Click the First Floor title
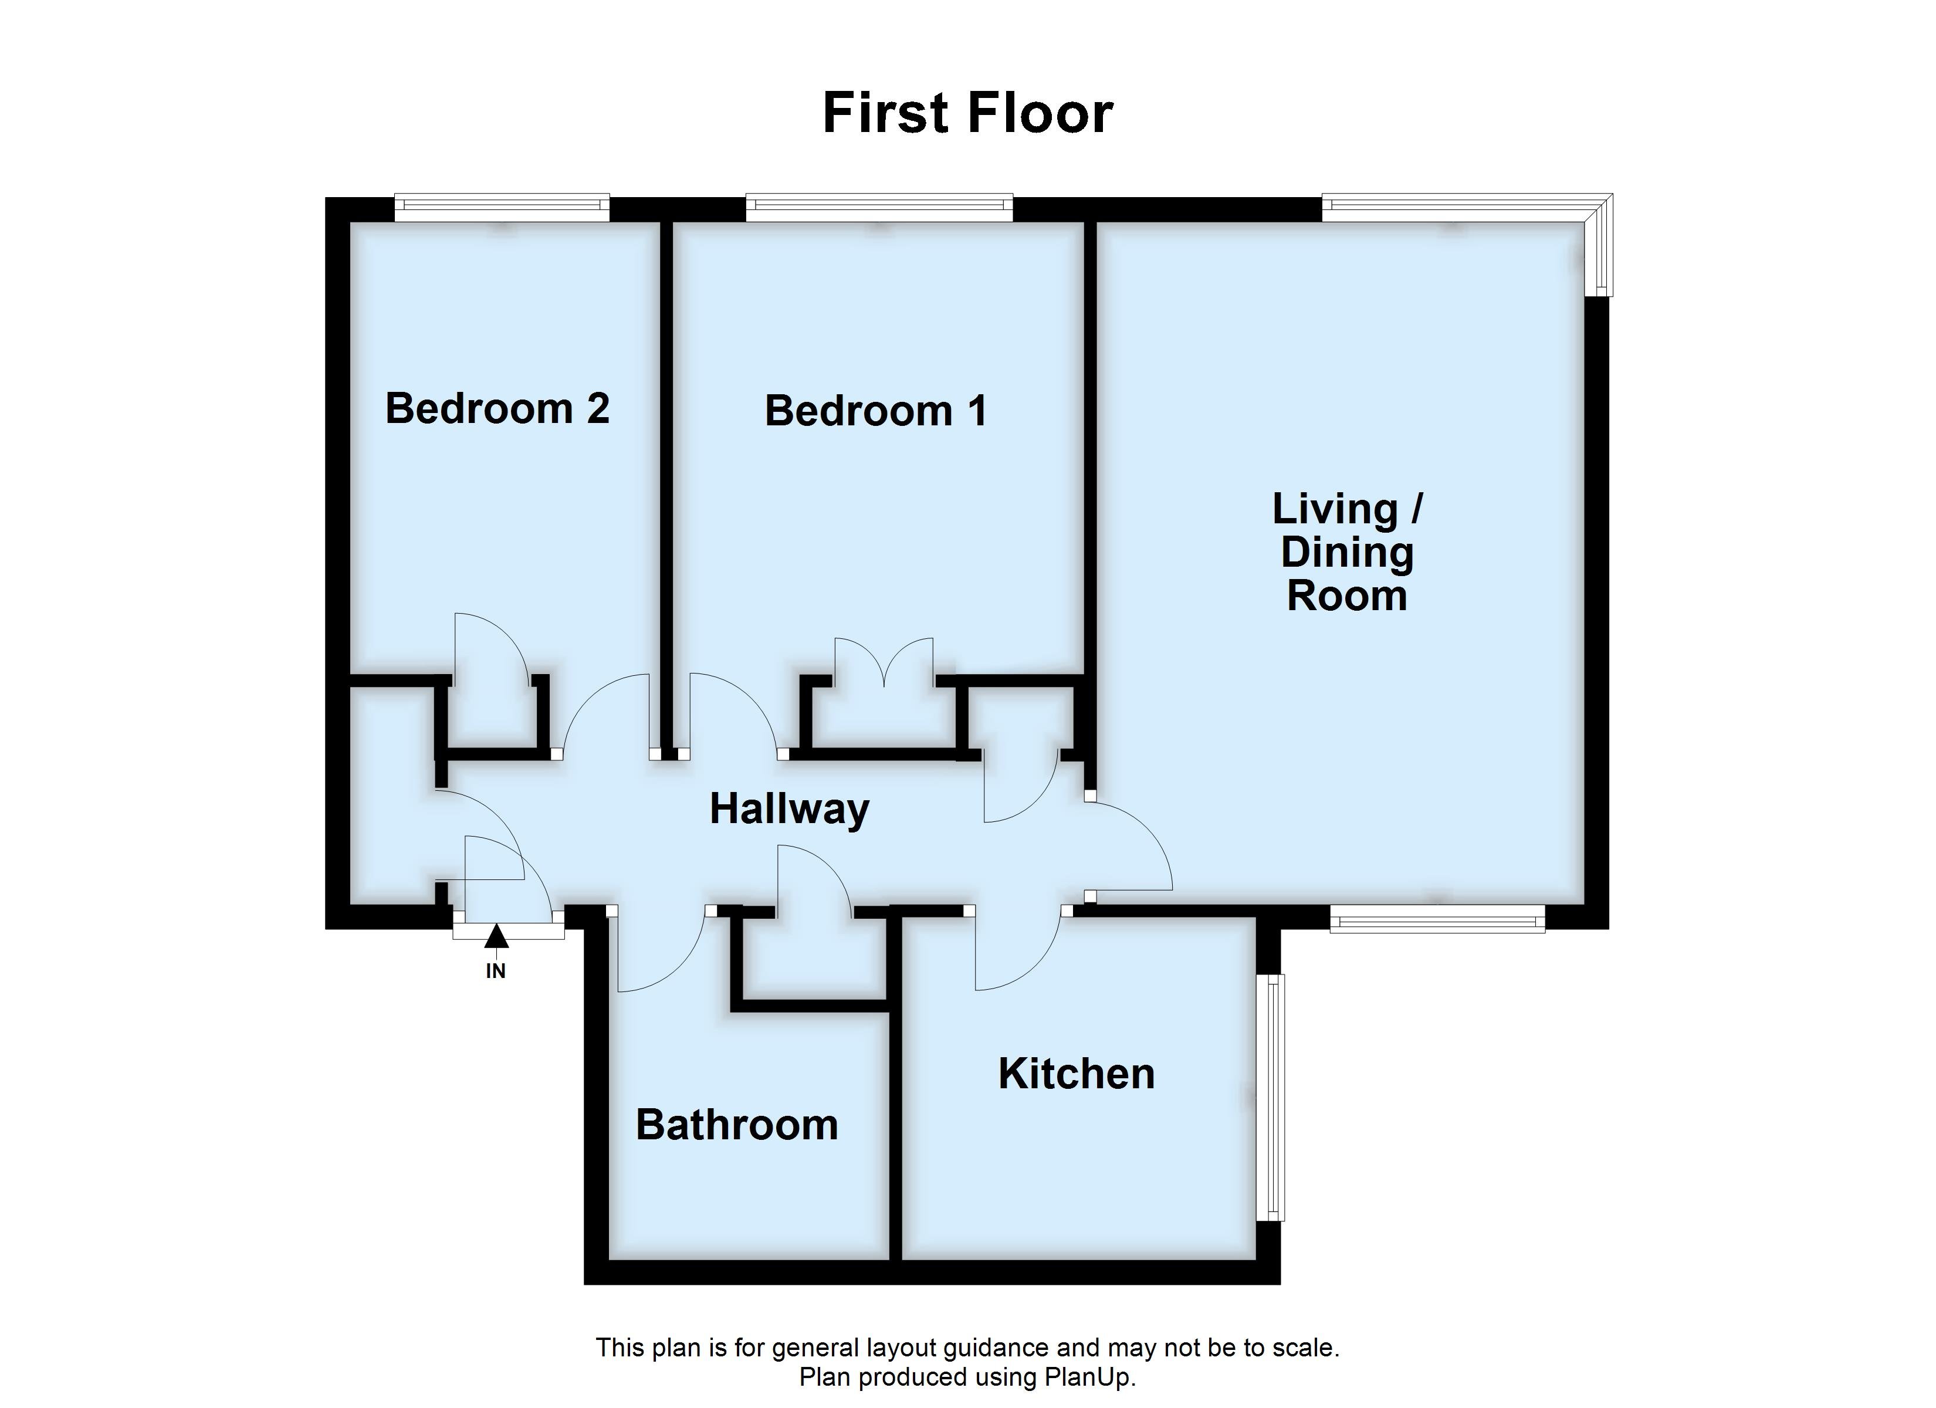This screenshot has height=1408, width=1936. (967, 114)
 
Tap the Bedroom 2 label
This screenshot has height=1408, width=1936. (497, 408)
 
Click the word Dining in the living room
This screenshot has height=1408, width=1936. (1346, 553)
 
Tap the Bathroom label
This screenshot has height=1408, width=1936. (737, 1125)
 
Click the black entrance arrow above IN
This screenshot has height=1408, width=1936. (496, 937)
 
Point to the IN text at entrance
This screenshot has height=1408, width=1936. (496, 971)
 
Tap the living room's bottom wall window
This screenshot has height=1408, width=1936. (1437, 919)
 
